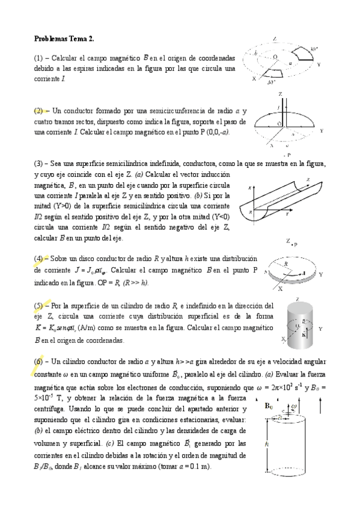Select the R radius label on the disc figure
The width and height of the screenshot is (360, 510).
286,263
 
